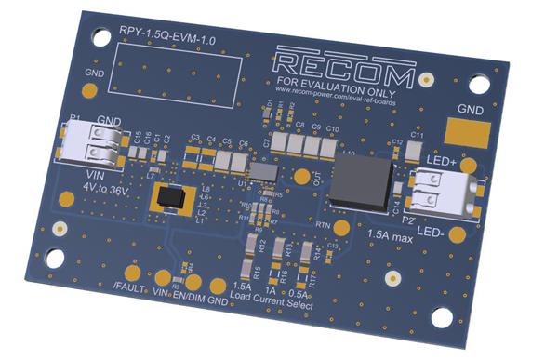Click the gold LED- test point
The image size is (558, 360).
(x=456, y=235)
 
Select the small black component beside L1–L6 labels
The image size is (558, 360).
(x=171, y=197)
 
